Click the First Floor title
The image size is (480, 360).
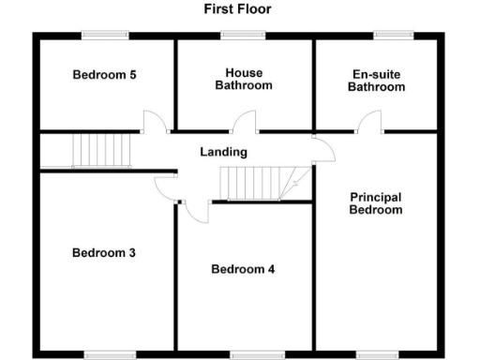(239, 8)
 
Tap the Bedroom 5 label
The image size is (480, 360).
(105, 75)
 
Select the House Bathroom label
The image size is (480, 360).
(243, 80)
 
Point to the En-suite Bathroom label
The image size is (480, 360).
(376, 80)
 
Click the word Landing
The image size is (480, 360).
(223, 152)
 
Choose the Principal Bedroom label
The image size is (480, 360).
(375, 203)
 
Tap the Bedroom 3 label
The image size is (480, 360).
(105, 252)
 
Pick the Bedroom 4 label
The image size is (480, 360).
(243, 269)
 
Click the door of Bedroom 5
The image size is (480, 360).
(153, 122)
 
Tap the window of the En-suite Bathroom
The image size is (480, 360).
(387, 36)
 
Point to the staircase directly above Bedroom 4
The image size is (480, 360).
(251, 183)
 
